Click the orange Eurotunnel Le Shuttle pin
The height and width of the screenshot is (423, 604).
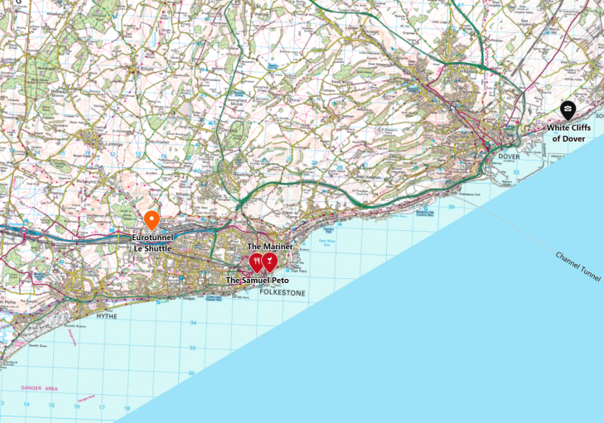pos(152,220)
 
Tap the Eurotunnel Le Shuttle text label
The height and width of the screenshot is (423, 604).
pos(152,243)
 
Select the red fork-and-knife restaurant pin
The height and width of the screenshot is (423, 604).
pos(256,262)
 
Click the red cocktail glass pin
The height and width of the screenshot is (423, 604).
pos(269,262)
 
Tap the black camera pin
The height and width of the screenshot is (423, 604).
pos(568,109)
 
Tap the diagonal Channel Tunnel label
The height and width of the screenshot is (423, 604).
pos(579,267)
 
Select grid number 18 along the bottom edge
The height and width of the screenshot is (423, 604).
pos(126,407)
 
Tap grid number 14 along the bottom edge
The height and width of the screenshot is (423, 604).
pos(27,405)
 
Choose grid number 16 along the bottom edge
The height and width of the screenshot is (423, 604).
pos(76,406)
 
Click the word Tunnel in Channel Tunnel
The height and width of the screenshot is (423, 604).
pos(592,275)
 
